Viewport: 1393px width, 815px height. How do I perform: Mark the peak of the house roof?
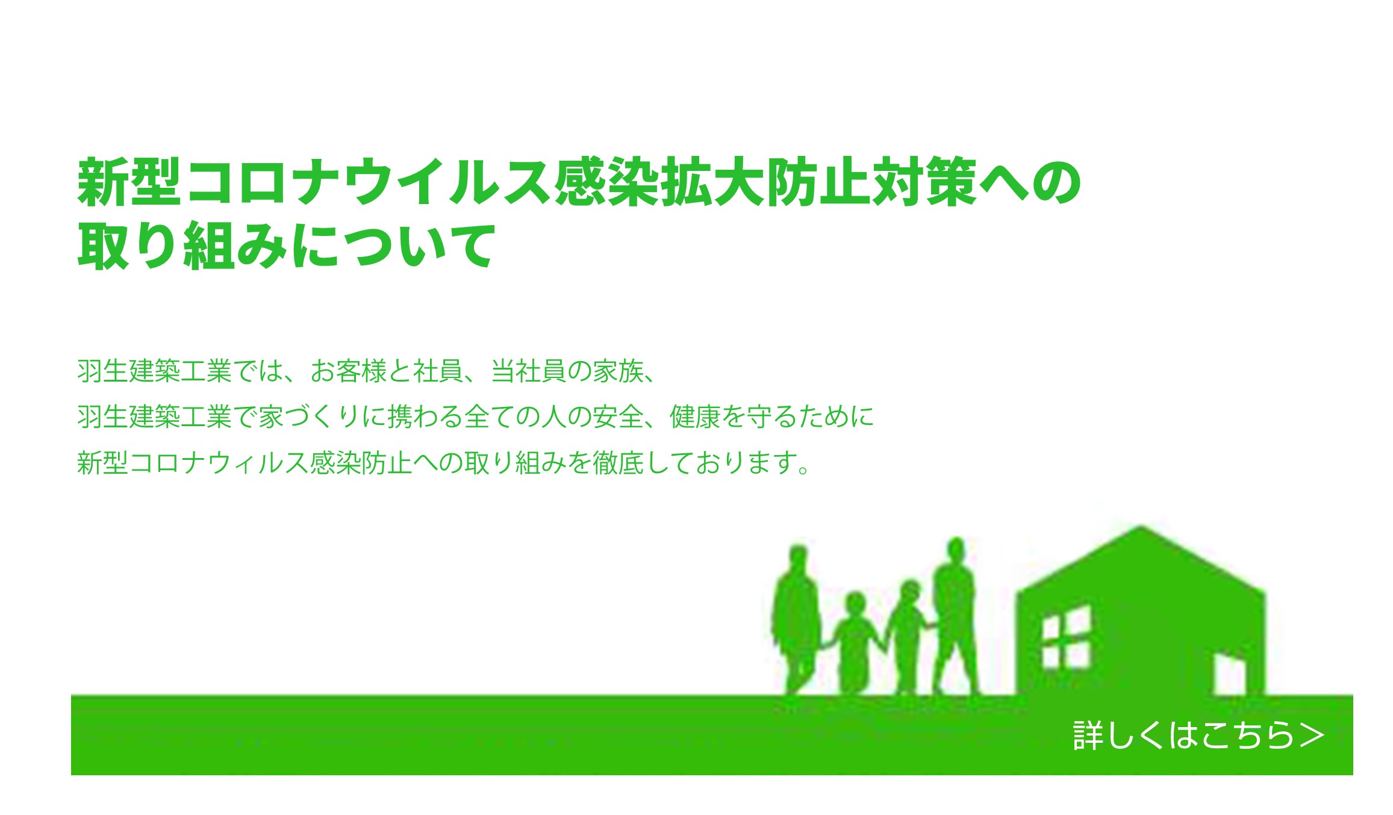(x=1141, y=526)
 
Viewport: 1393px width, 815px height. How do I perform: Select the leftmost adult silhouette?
(x=797, y=620)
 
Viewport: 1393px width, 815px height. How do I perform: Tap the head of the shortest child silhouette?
(x=855, y=603)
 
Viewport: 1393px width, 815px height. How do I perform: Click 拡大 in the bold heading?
(x=714, y=182)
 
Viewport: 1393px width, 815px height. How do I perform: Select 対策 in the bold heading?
(x=925, y=182)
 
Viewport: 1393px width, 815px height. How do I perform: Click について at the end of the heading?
(x=394, y=245)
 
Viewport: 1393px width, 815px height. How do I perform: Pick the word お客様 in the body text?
(x=348, y=371)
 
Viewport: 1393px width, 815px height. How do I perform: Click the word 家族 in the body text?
(x=619, y=371)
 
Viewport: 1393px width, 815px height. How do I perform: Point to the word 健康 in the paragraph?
(x=695, y=417)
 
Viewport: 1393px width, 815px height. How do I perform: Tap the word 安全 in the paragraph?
(x=619, y=417)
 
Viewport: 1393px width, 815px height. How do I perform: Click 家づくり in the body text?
(x=308, y=417)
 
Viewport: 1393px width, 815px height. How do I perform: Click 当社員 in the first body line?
(x=528, y=371)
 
